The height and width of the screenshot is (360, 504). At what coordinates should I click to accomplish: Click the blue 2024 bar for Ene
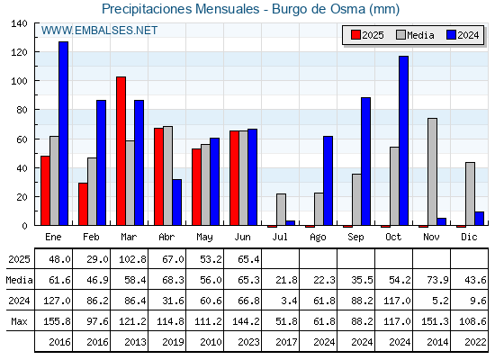click(63, 133)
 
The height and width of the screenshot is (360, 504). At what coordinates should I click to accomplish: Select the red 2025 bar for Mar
click(121, 151)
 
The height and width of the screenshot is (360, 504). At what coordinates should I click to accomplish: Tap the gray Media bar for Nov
click(432, 172)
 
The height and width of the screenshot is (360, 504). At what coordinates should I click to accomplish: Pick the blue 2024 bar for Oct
click(404, 140)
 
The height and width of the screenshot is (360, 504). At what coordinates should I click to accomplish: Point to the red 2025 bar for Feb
click(83, 204)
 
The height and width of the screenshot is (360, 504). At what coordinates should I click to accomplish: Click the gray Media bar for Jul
click(281, 210)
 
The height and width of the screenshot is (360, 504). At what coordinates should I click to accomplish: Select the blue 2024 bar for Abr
click(176, 202)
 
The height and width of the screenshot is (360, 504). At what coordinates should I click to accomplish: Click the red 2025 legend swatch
click(355, 35)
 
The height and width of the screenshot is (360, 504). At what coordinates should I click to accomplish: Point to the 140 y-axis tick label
click(19, 23)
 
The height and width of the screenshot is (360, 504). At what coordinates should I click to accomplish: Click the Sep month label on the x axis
click(355, 238)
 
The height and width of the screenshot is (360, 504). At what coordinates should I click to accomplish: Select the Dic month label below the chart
click(469, 237)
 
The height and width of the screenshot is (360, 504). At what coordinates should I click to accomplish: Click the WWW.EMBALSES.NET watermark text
click(99, 31)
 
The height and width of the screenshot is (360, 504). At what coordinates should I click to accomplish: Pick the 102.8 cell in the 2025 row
click(132, 259)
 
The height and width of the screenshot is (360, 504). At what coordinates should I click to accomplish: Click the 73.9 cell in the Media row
click(437, 280)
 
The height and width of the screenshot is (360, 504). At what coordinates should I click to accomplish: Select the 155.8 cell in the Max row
click(57, 321)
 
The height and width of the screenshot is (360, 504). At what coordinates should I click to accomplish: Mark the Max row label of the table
click(19, 321)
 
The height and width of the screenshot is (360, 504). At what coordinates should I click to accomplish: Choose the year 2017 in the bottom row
click(286, 342)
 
